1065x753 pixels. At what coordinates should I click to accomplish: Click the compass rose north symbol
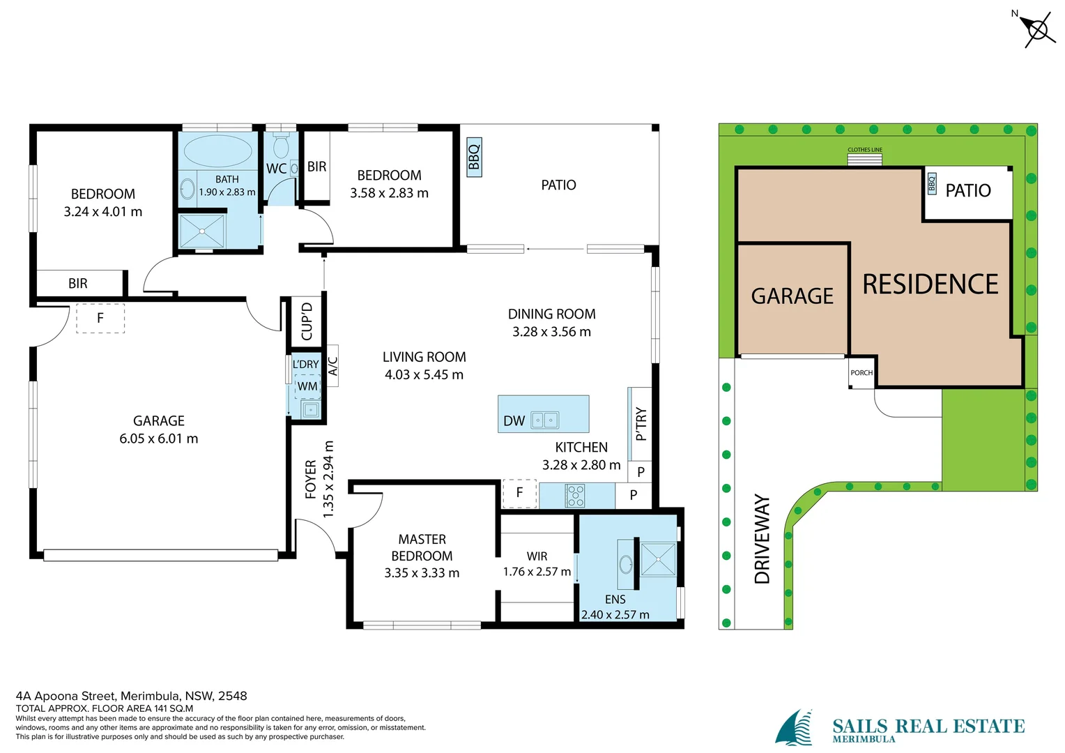[1037, 29]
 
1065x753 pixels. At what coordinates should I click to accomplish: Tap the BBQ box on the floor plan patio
[474, 157]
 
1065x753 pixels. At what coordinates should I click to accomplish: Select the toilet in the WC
[281, 144]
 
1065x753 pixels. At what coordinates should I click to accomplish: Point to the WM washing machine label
[307, 386]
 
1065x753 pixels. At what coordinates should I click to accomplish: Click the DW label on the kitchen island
[514, 420]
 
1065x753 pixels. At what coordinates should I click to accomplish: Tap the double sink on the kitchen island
[545, 420]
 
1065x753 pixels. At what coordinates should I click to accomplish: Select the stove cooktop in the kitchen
[575, 496]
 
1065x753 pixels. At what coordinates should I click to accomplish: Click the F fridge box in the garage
[100, 318]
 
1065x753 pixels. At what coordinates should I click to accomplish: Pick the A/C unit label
[333, 366]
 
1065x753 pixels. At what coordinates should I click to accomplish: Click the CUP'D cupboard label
[307, 321]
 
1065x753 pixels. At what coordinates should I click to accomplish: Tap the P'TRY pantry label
[641, 424]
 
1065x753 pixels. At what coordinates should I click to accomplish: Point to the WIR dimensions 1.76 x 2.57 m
[537, 571]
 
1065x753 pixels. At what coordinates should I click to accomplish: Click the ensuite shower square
[658, 560]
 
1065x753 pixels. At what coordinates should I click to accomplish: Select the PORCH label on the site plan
[861, 372]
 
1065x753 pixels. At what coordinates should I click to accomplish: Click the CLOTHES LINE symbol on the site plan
[865, 160]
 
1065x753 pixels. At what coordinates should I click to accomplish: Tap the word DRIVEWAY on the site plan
[762, 539]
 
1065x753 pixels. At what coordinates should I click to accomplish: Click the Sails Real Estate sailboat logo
[793, 727]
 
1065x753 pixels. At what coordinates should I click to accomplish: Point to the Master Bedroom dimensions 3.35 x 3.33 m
[422, 572]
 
